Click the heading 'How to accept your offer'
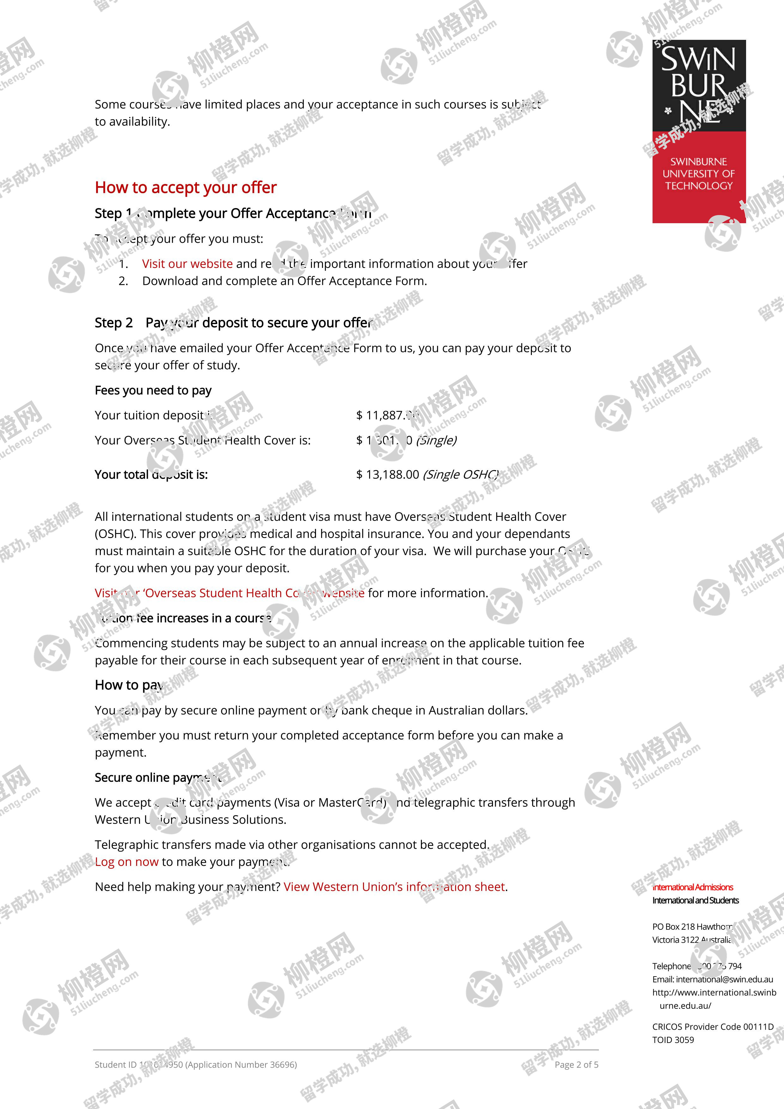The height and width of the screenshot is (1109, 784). tap(185, 187)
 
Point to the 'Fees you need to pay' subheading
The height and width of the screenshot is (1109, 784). tap(153, 390)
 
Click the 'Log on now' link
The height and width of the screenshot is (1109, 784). tap(126, 862)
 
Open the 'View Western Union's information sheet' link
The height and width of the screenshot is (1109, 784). tap(394, 887)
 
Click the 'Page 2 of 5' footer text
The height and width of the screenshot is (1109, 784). tap(576, 1064)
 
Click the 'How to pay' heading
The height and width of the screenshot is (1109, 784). tap(128, 685)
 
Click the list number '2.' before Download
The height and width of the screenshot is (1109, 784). tap(123, 281)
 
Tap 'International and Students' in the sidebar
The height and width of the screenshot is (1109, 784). tap(695, 900)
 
